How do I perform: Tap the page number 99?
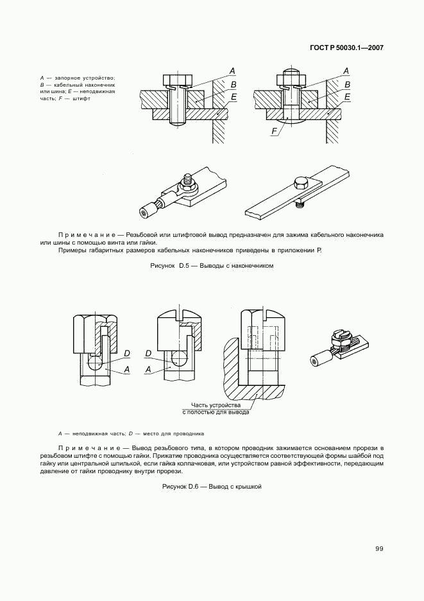tap(379, 548)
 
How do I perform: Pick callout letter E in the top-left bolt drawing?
tap(233, 97)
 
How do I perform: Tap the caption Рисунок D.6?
tap(212, 487)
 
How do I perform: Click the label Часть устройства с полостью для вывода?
tap(219, 409)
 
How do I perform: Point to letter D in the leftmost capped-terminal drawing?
tap(127, 354)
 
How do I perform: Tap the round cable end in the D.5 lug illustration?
tap(145, 211)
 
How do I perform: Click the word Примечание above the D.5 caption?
tap(86, 235)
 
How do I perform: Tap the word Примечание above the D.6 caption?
tap(86, 447)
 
